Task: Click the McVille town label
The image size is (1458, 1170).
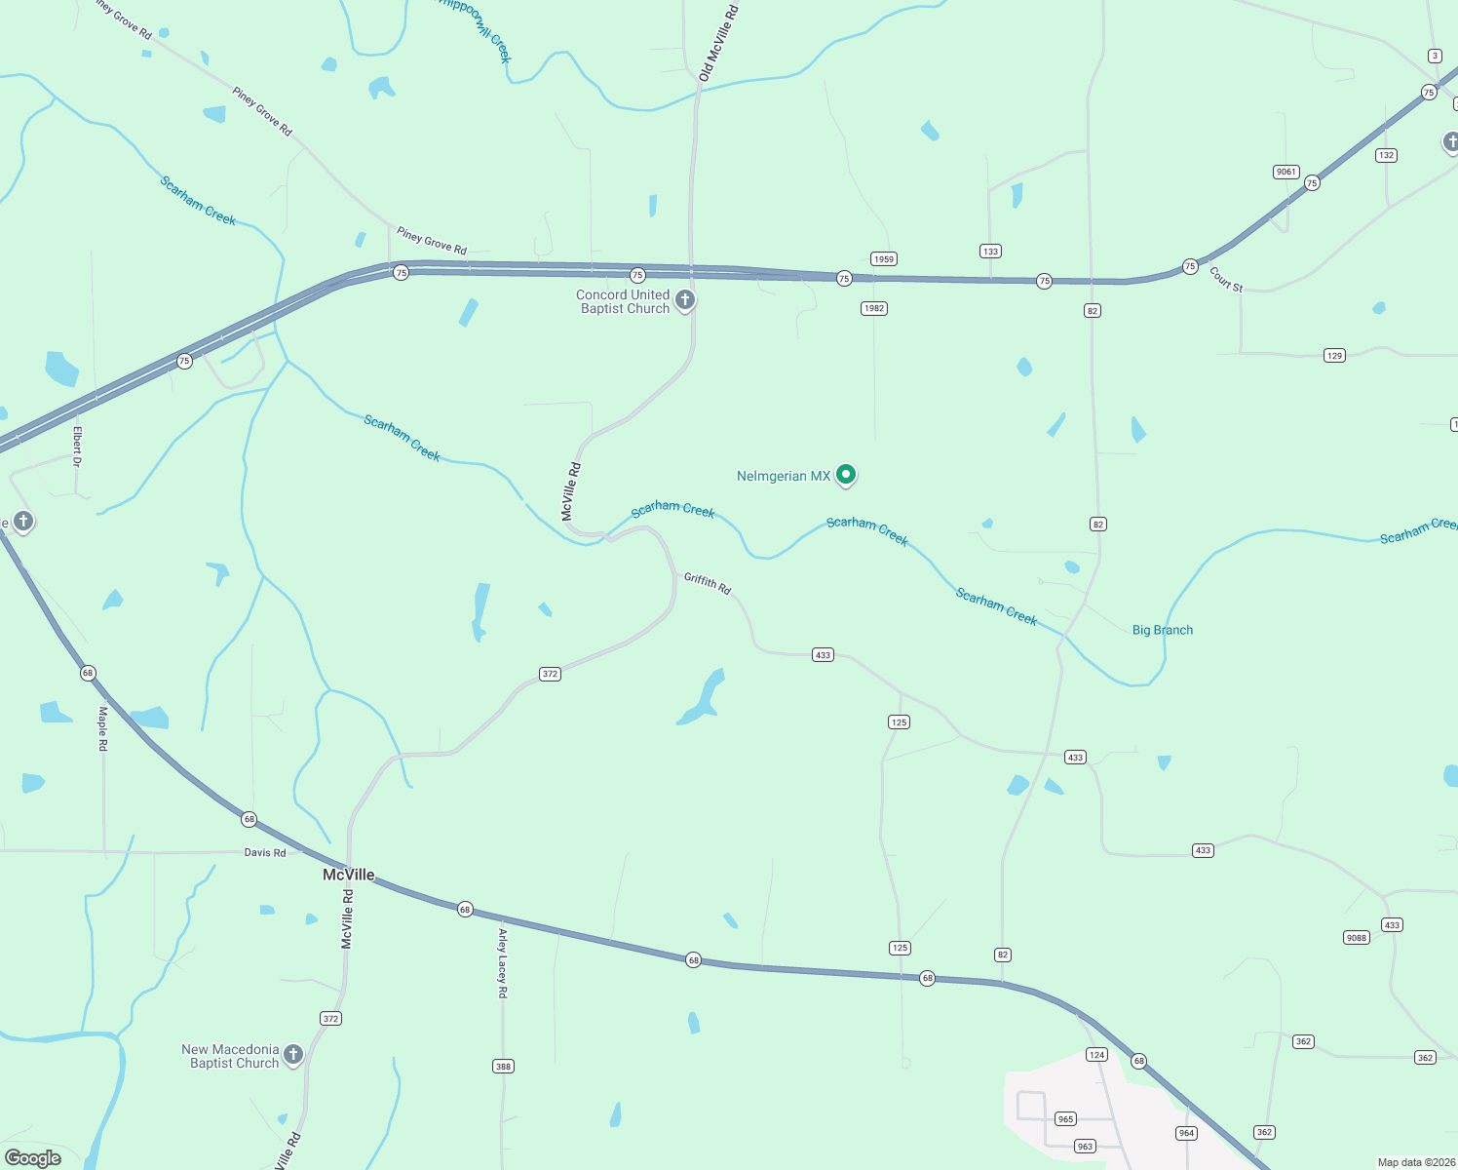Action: [x=348, y=875]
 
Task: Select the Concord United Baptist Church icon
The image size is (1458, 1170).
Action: [x=685, y=300]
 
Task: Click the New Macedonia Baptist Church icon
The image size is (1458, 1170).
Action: [x=292, y=1055]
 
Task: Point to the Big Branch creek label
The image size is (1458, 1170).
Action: [x=1162, y=630]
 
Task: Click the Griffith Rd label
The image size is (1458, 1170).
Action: [x=708, y=583]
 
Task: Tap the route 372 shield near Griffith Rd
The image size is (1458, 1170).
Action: [x=550, y=674]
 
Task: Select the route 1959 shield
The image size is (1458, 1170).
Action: [x=884, y=259]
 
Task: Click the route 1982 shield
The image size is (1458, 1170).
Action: [x=873, y=308]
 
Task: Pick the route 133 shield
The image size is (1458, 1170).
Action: [x=990, y=252]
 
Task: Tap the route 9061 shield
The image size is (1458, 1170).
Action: [x=1286, y=172]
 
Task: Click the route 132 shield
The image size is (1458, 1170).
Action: [x=1386, y=155]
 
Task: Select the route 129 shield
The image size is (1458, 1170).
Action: [x=1334, y=355]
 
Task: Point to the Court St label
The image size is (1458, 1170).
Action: [x=1226, y=280]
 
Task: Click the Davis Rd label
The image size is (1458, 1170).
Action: [x=265, y=852]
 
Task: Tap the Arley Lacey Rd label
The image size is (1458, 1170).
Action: [x=503, y=963]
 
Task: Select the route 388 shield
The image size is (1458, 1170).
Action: [x=503, y=1066]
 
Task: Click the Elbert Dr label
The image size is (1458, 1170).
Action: [x=77, y=446]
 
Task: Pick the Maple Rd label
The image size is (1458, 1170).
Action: [x=102, y=728]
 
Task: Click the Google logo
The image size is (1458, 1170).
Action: [x=33, y=1157]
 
